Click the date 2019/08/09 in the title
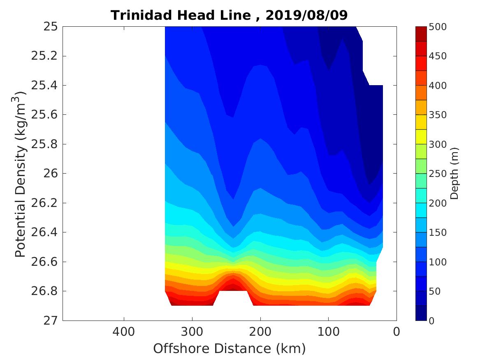click(306, 15)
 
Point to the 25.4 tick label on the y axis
click(44, 86)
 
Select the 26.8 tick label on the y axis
click(44, 291)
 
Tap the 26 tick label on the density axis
click(48, 174)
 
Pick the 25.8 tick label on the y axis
click(44, 144)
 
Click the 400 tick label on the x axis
click(124, 331)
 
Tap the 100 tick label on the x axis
click(328, 331)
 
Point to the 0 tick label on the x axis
click(397, 331)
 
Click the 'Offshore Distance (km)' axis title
click(230, 349)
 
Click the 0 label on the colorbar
click(431, 321)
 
